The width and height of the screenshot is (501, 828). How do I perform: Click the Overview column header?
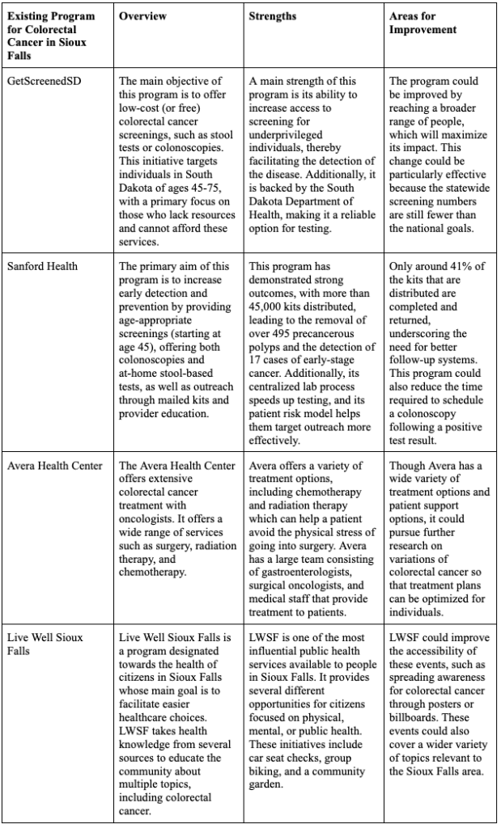coord(144,16)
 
